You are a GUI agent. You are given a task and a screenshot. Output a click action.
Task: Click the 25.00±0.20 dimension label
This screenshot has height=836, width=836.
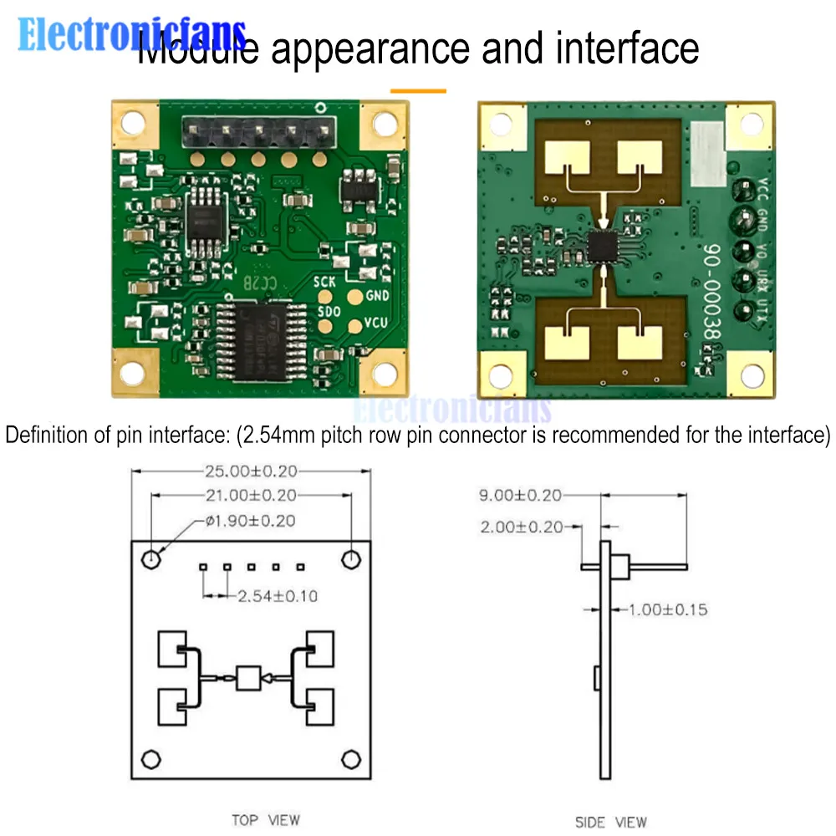coord(252,472)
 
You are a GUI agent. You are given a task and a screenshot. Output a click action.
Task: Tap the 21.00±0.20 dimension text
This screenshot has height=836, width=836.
coord(252,496)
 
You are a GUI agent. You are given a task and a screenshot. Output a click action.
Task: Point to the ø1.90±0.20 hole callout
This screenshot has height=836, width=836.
coord(250,521)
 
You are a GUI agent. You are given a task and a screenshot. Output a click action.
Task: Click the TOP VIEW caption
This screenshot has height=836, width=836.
coord(266,820)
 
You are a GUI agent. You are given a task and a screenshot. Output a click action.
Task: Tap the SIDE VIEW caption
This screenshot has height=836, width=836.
coord(611,822)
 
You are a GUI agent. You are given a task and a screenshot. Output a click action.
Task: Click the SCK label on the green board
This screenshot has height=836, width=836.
coord(324,283)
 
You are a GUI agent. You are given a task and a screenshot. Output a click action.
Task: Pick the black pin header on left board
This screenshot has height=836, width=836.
coord(256,130)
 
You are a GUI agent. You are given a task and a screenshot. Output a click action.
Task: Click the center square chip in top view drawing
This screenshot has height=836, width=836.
coord(248,678)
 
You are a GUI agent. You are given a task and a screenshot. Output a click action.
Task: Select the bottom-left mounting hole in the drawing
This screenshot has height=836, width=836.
coord(150,759)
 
